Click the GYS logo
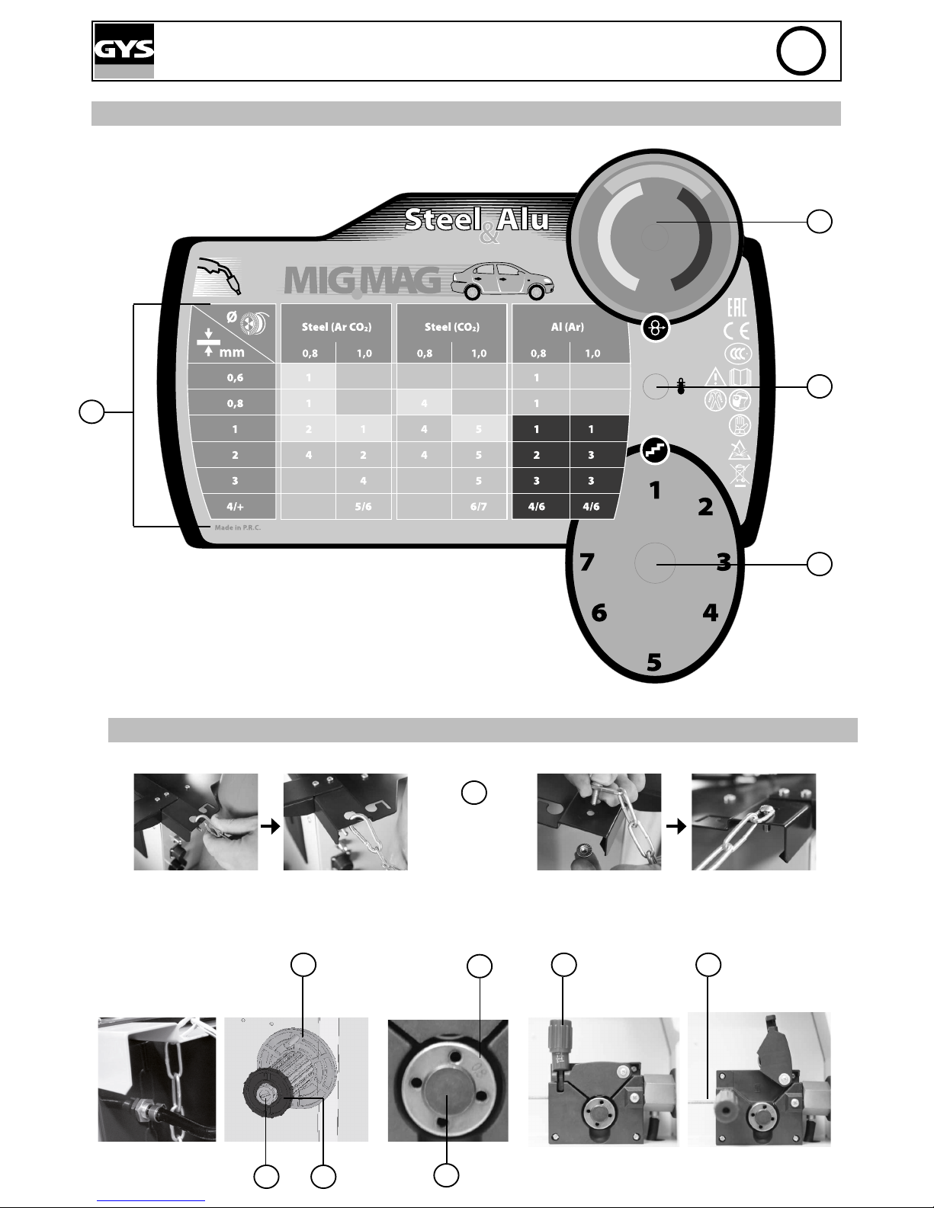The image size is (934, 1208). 124,50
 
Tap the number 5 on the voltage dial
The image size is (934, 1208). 654,662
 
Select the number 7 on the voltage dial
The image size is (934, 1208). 586,562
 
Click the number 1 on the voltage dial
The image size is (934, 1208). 654,491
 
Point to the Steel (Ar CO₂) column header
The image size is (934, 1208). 336,327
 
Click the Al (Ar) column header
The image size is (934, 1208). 568,327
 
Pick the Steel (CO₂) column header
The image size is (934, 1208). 452,327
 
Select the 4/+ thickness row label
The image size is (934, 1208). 235,507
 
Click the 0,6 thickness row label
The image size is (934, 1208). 235,378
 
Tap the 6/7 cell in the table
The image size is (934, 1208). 478,507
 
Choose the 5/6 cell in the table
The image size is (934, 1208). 363,507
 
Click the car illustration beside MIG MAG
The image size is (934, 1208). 502,284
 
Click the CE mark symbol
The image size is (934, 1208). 738,330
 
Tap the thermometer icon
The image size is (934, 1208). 681,387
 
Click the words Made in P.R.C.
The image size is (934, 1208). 237,527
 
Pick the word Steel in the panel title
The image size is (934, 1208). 441,220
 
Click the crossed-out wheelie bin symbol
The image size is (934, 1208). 739,475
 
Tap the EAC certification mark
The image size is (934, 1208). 737,307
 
